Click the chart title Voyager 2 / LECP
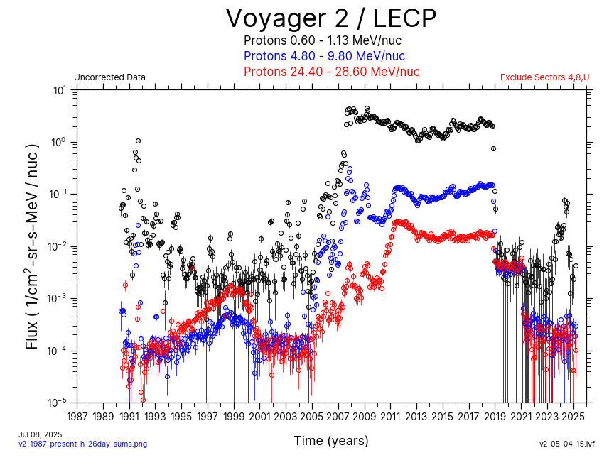(331, 18)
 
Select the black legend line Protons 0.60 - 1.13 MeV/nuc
(332, 40)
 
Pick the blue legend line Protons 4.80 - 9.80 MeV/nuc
(324, 56)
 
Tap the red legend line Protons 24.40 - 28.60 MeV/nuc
(331, 72)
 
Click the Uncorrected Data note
(109, 77)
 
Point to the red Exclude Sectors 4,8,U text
(544, 77)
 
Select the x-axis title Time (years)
(331, 441)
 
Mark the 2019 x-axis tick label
(495, 416)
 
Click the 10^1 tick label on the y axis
(60, 90)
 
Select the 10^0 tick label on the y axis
(60, 142)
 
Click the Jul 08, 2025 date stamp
(41, 434)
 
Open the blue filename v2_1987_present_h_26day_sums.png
(82, 444)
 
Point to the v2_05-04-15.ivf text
(566, 444)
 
